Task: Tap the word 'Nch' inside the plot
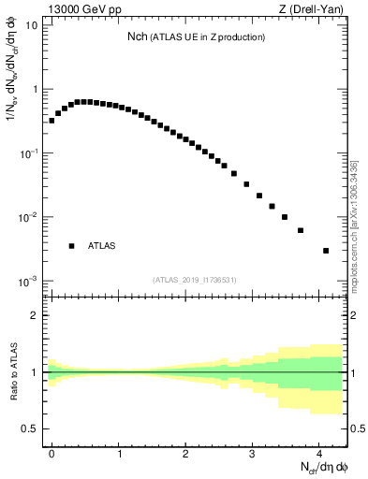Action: point(138,36)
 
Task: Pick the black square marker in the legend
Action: point(71,246)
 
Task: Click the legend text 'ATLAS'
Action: point(101,246)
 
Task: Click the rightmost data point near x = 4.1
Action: point(325,251)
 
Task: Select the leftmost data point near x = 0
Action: point(52,120)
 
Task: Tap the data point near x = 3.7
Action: point(301,230)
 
